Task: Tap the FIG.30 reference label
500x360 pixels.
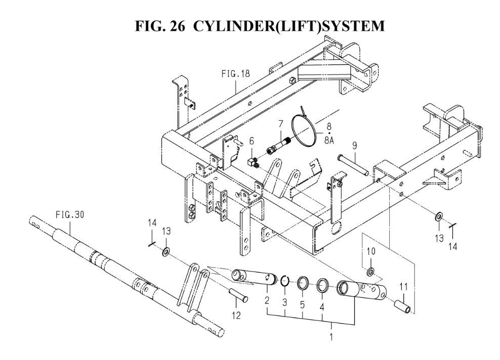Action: pyautogui.click(x=70, y=214)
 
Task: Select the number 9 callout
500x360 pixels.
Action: pyautogui.click(x=355, y=145)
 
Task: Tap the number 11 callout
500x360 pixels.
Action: pyautogui.click(x=403, y=287)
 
